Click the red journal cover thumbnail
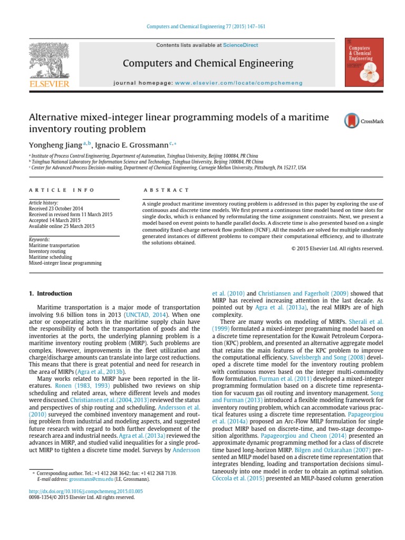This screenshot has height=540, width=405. (x=363, y=62)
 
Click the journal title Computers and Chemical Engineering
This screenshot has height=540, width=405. (x=208, y=64)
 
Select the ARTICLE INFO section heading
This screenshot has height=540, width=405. (x=61, y=190)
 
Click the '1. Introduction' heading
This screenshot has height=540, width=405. (x=50, y=293)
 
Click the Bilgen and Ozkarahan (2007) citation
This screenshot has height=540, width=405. (x=342, y=451)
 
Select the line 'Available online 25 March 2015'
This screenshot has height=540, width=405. (x=61, y=226)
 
